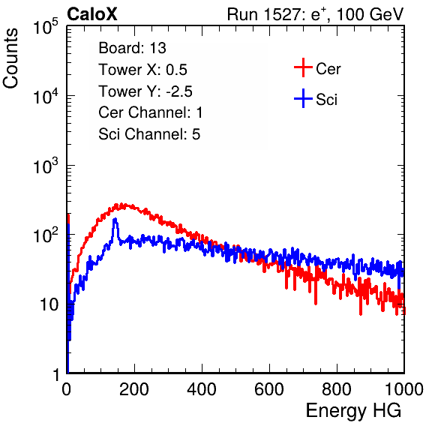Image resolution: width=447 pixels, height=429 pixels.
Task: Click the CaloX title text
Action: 92,14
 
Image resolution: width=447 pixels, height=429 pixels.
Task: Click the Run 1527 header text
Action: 315,14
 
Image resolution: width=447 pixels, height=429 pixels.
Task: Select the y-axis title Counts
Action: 10,58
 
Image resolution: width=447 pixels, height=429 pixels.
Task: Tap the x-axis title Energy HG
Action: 353,411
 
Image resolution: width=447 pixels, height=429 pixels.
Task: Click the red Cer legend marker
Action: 303,67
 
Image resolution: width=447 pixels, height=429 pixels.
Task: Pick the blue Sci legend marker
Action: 303,98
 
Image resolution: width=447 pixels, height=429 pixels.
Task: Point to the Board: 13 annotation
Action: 132,48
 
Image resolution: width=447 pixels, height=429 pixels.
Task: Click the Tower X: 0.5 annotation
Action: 142,70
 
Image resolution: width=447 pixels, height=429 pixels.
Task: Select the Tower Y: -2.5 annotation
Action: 145,91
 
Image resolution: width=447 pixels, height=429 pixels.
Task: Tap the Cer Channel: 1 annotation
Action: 151,112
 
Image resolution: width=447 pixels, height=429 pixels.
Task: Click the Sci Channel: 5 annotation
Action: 149,134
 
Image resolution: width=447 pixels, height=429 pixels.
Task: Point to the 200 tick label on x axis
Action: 134,389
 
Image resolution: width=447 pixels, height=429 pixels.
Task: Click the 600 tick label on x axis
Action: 269,389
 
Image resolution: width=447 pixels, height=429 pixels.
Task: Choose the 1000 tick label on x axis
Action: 404,389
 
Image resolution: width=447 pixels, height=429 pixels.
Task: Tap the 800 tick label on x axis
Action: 337,389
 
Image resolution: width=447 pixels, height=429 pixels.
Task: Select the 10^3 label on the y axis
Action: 46,166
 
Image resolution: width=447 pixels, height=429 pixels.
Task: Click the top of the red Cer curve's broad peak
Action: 122,205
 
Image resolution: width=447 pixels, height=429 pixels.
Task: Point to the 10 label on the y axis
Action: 49,305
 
